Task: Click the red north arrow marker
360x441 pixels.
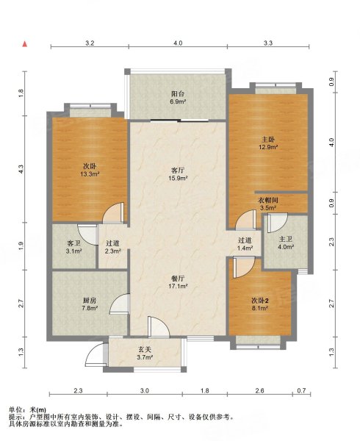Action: click(x=25, y=44)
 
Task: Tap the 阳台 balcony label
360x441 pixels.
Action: click(x=179, y=98)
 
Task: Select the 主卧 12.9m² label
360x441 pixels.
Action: click(x=268, y=143)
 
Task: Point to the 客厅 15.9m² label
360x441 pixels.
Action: click(x=178, y=174)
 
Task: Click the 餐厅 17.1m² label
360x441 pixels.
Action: click(x=179, y=282)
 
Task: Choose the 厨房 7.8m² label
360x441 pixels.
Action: click(x=90, y=304)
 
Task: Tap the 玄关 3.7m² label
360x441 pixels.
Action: click(x=145, y=354)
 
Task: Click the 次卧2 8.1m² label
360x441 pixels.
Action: click(x=259, y=304)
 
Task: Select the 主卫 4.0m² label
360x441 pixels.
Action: click(x=286, y=243)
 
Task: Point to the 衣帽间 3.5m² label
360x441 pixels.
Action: click(x=268, y=204)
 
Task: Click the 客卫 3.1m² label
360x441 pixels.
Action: click(x=74, y=247)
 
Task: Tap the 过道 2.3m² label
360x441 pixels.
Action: click(x=112, y=247)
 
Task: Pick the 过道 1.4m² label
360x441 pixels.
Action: click(x=245, y=244)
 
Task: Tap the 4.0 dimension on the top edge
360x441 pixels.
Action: click(x=178, y=43)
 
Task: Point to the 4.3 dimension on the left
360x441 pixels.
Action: click(x=21, y=169)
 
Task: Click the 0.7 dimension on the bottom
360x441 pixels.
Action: click(x=301, y=391)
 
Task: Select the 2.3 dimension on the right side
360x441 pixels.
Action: click(x=332, y=242)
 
